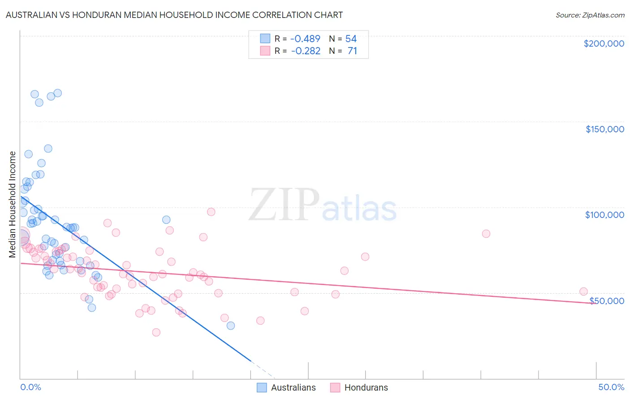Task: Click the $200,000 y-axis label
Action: point(604,43)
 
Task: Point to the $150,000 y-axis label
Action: point(604,129)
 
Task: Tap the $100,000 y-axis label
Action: point(604,215)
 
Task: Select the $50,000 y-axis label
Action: point(607,301)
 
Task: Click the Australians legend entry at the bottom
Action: point(293,387)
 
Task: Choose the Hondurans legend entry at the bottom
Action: point(366,387)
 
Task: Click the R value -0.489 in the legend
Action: point(306,39)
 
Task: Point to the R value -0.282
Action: point(306,51)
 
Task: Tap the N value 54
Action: point(351,39)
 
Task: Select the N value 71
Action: point(352,51)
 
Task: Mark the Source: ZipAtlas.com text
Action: point(590,15)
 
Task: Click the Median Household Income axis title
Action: point(12,204)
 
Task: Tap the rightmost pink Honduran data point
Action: point(583,291)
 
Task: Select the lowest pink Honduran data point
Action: point(156,332)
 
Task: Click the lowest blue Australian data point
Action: point(231,326)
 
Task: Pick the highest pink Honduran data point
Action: point(211,212)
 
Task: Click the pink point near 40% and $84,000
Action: point(486,234)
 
